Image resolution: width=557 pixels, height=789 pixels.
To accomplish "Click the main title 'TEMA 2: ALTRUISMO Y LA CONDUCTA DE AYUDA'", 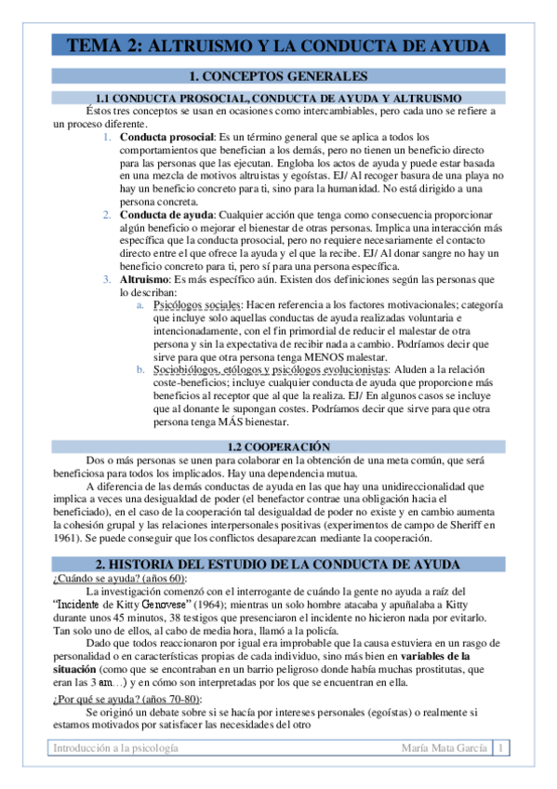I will (x=278, y=46).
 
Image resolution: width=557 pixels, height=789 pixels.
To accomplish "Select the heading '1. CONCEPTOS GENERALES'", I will (x=278, y=76).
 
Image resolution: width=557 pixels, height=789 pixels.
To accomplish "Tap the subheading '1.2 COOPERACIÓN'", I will (x=278, y=447).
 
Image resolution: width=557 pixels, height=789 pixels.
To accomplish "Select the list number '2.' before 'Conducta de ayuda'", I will (x=108, y=214).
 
